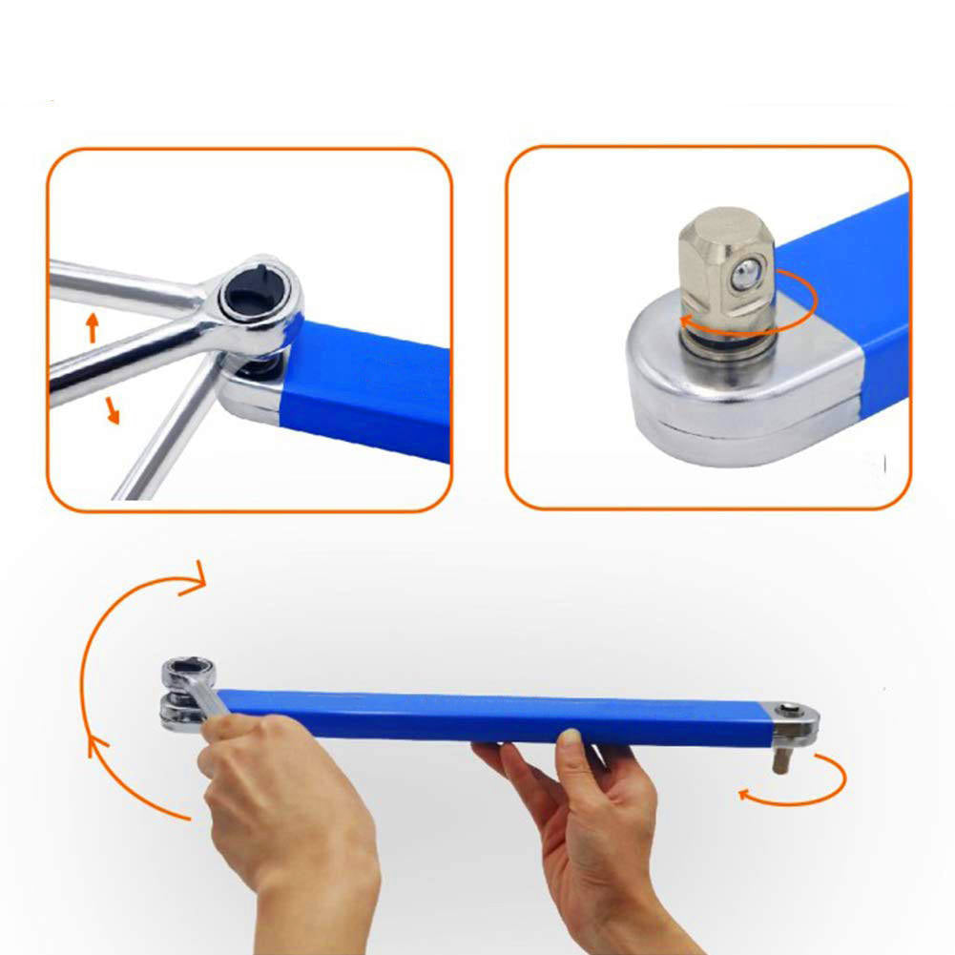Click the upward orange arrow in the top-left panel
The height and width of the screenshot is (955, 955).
pyautogui.click(x=93, y=328)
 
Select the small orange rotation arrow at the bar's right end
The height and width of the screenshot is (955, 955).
pyautogui.click(x=801, y=782)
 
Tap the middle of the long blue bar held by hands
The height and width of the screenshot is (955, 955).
pyautogui.click(x=496, y=716)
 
